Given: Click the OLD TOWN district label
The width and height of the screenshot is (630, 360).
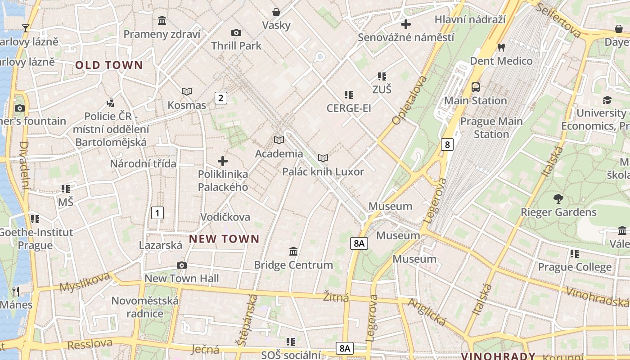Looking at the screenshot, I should [x=109, y=65].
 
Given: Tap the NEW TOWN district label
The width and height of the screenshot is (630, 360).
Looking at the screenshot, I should [x=224, y=239].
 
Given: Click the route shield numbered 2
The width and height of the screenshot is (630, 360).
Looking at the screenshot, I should [x=220, y=98].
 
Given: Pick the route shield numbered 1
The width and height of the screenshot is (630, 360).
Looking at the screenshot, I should [x=157, y=212].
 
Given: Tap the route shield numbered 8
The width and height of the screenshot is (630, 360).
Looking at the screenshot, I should [x=447, y=144].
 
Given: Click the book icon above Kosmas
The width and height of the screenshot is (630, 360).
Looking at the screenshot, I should [x=187, y=91].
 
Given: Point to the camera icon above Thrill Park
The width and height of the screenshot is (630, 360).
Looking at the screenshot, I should [x=236, y=32].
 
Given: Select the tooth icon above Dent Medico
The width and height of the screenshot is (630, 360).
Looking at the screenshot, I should [x=501, y=47].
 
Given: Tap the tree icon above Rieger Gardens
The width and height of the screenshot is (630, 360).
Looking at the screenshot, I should [x=558, y=198].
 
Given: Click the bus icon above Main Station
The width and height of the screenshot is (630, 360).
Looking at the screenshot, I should [x=476, y=87].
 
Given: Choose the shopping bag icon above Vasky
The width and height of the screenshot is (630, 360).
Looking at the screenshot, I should [x=276, y=12].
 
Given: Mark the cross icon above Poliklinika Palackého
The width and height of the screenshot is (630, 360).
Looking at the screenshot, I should [x=223, y=161].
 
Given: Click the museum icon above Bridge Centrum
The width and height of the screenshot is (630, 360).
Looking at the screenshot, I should [x=293, y=251].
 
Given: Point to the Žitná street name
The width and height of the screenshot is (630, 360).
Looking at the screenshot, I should [x=336, y=297].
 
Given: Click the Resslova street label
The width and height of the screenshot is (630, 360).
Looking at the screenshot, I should [x=90, y=344].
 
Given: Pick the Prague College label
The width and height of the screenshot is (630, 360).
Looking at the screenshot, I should [x=575, y=267].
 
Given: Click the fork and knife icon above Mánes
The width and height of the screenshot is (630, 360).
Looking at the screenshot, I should [x=16, y=291].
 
